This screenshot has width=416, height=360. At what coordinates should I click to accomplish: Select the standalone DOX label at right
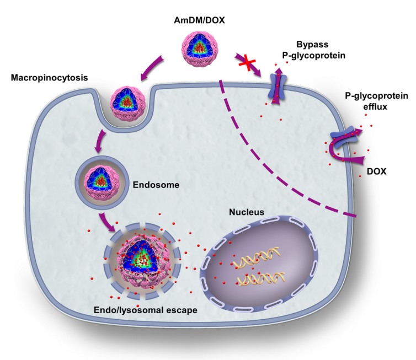tap(377, 172)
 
